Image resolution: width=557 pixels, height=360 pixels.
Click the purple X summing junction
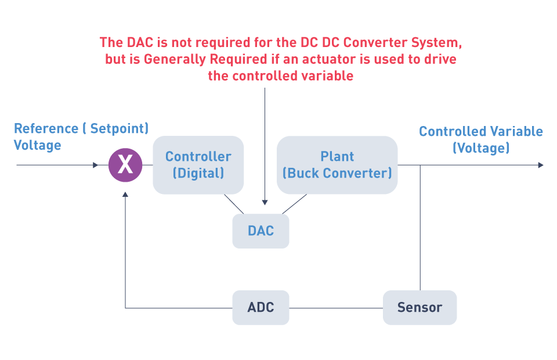tap(125, 165)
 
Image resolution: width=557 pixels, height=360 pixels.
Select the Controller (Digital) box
tap(198, 165)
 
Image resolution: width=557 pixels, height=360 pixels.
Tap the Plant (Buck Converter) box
tap(337, 165)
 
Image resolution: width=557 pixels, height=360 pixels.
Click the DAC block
tap(261, 231)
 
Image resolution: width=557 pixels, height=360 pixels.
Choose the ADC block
tap(261, 307)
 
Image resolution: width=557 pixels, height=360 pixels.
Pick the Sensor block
tap(420, 307)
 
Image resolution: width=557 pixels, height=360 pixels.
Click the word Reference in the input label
tap(46, 128)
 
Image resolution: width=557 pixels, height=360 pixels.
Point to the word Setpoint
tap(120, 128)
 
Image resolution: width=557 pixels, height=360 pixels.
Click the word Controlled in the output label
tap(453, 131)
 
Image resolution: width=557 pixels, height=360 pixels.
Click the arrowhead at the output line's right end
tap(541, 165)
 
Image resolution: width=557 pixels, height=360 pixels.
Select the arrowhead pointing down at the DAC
tap(265, 202)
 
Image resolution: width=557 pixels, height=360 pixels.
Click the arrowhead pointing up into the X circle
tap(125, 195)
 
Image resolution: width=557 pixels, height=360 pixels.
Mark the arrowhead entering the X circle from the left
tap(95, 165)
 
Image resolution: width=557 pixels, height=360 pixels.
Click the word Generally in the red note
tap(175, 59)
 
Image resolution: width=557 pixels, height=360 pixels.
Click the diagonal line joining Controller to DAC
tap(234, 204)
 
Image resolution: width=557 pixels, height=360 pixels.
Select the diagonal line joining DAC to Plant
tap(295, 204)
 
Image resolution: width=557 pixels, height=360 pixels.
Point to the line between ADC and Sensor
tap(336, 308)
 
